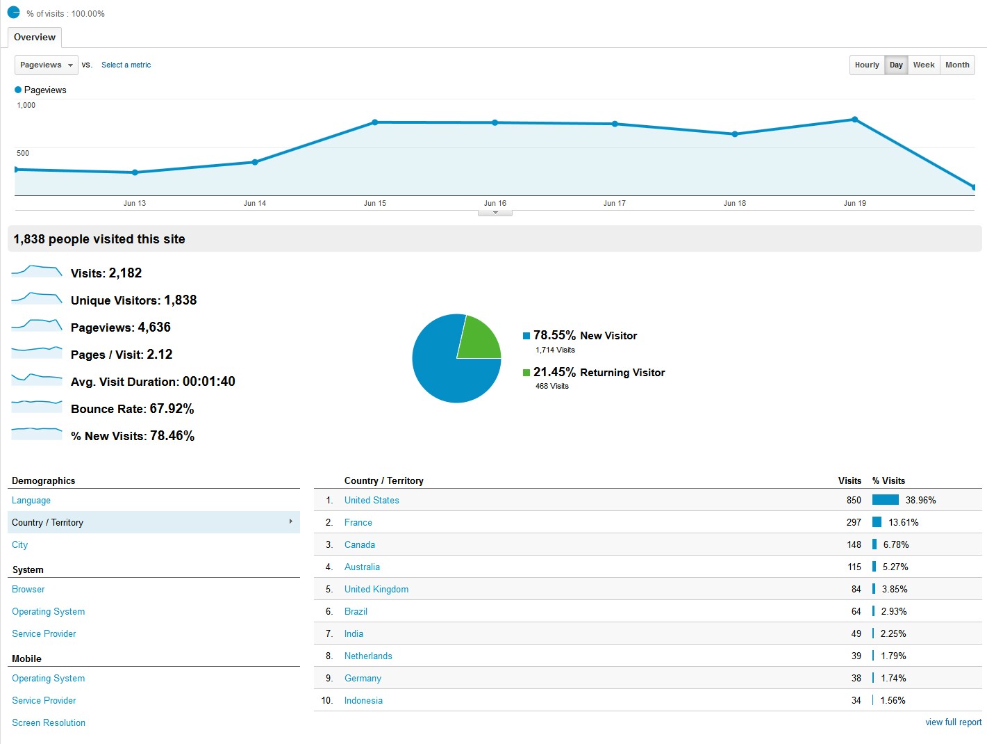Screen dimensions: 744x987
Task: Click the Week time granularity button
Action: (923, 65)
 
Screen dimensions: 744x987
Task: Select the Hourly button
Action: (867, 65)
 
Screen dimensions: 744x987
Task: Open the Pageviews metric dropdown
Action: (46, 65)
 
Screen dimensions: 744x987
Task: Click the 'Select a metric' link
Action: (126, 65)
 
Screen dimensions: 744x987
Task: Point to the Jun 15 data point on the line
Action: (375, 122)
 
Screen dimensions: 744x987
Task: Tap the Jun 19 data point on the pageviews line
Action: (854, 120)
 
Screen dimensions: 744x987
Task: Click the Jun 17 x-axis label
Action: (614, 203)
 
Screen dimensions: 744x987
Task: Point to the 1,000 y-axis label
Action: (26, 105)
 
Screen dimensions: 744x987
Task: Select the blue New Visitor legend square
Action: (526, 336)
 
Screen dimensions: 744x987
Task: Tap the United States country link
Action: (372, 500)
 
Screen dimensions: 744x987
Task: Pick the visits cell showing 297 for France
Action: (854, 522)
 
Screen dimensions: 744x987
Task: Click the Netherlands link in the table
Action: (368, 656)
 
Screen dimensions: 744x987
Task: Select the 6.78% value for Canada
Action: (896, 544)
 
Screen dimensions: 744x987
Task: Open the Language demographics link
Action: (31, 500)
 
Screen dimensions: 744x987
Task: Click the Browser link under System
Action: (28, 589)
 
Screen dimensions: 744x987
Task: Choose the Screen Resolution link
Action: (49, 722)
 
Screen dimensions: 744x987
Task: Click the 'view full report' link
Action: (953, 722)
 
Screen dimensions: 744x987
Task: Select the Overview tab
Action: (35, 37)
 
